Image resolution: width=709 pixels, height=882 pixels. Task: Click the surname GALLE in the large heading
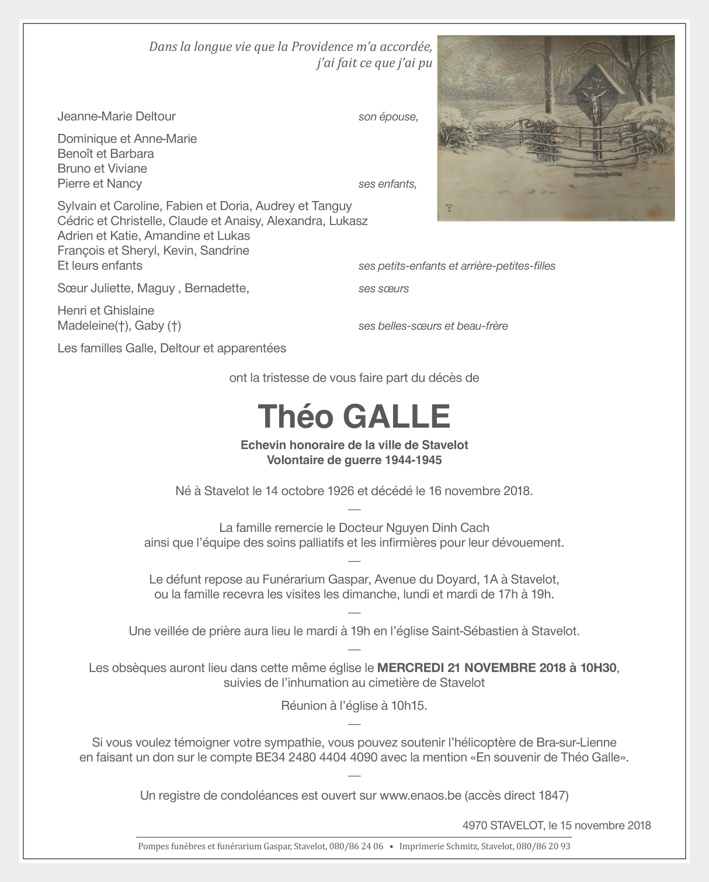click(397, 417)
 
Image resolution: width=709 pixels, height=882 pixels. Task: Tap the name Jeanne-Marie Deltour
click(116, 116)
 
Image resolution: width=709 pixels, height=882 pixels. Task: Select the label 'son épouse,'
click(388, 117)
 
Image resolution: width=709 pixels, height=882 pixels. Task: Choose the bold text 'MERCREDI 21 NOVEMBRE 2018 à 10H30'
click(497, 667)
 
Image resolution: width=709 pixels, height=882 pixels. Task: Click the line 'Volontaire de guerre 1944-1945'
click(354, 460)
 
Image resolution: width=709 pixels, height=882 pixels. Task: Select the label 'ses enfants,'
click(387, 184)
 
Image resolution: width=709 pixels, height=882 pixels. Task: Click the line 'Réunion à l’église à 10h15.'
click(354, 705)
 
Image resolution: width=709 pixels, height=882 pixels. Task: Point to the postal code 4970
click(474, 825)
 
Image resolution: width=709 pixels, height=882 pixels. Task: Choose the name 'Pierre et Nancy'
click(99, 184)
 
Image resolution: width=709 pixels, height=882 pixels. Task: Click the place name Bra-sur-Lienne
click(576, 743)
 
